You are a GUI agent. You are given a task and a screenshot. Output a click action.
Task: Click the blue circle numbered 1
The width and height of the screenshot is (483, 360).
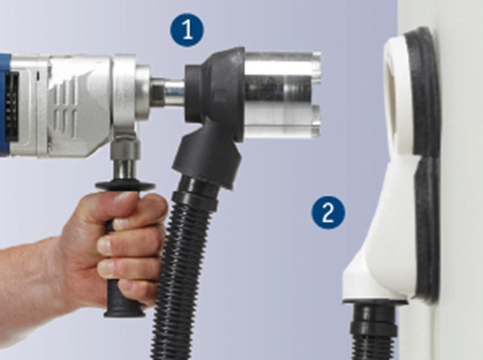(187, 30)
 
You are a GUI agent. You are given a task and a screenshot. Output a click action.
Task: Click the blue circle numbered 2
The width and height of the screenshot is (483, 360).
(328, 212)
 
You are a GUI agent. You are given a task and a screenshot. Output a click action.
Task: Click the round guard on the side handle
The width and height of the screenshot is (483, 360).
(125, 186)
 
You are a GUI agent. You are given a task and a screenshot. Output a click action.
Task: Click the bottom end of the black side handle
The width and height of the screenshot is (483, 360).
(124, 312)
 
